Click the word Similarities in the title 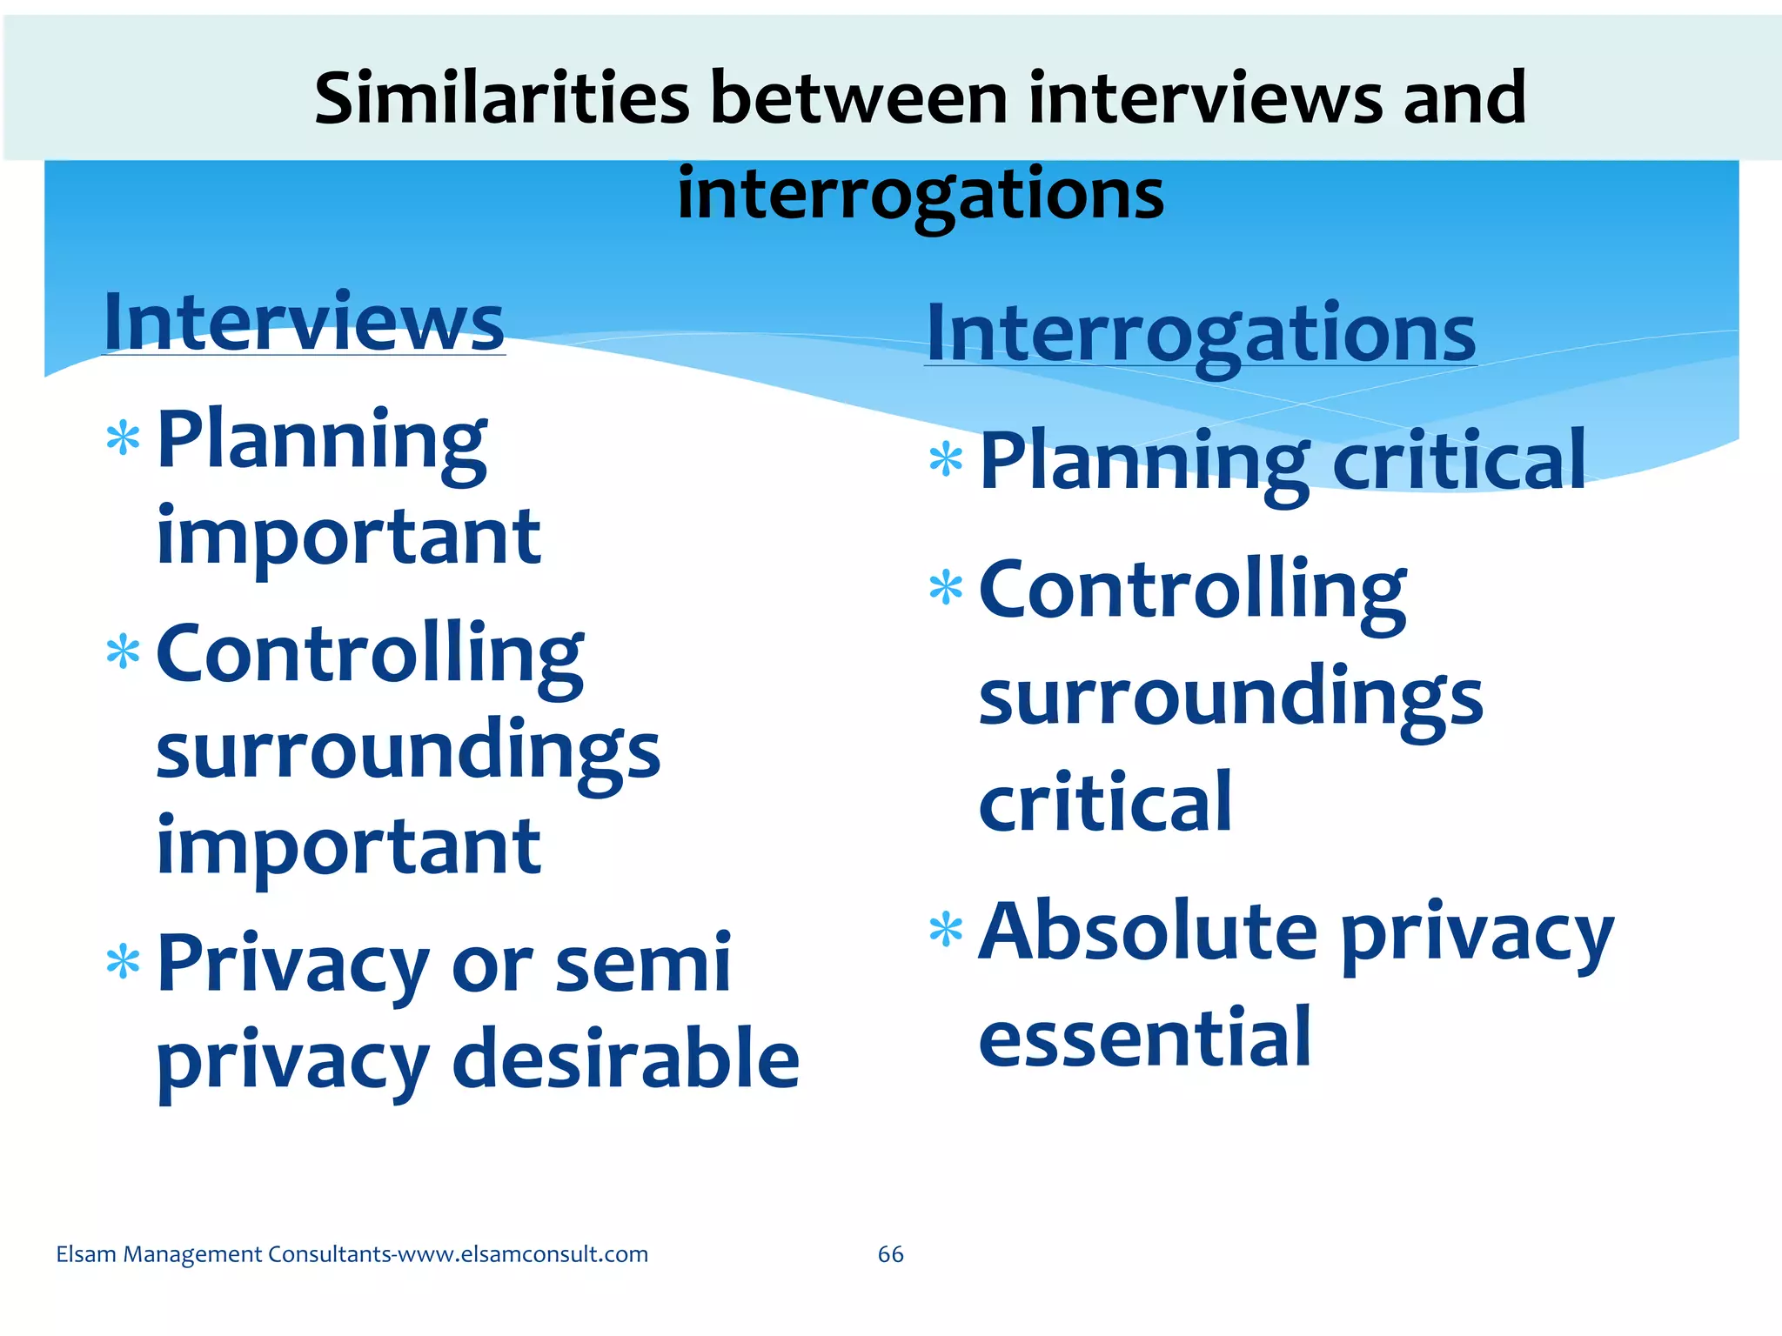(x=502, y=98)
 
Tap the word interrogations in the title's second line (x=920, y=194)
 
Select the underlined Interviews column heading (x=304, y=323)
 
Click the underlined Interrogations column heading (x=1201, y=334)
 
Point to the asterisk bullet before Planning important (x=123, y=438)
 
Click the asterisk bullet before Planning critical (x=946, y=460)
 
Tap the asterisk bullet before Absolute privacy (x=946, y=930)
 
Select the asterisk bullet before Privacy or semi (x=123, y=963)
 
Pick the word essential (x=1144, y=1037)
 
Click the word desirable (x=626, y=1059)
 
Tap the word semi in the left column (x=643, y=963)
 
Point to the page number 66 (x=890, y=1254)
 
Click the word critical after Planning (x=1458, y=461)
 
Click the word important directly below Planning (x=348, y=537)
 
